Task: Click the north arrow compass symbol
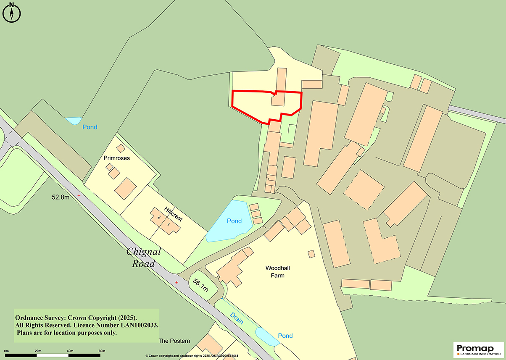click(12, 12)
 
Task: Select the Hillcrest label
click(174, 214)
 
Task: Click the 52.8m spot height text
click(61, 197)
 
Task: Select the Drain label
click(236, 319)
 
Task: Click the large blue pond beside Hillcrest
click(229, 221)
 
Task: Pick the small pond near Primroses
click(73, 121)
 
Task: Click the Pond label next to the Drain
click(285, 336)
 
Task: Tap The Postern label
click(174, 341)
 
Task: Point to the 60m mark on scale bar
click(101, 351)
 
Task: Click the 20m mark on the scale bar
click(38, 351)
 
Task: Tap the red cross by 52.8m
click(79, 196)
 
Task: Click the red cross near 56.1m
click(177, 282)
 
